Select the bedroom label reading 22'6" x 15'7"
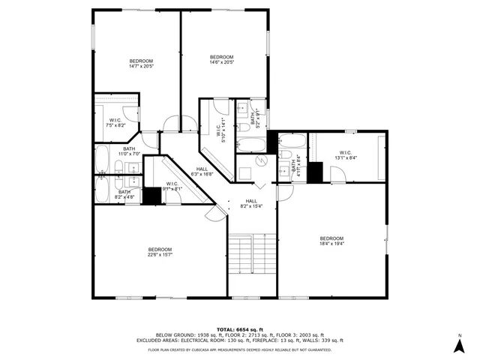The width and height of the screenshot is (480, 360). (x=160, y=253)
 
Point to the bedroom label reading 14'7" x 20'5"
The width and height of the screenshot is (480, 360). (x=141, y=64)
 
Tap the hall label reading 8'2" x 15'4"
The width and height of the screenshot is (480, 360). (x=251, y=203)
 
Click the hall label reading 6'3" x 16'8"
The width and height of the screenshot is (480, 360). (x=202, y=172)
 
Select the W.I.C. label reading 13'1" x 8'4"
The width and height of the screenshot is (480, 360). (x=345, y=154)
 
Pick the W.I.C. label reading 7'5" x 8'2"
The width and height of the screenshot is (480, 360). (x=115, y=122)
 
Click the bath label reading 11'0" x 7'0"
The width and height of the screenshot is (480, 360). (x=129, y=151)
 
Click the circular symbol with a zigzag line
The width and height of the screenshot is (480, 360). (x=261, y=161)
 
